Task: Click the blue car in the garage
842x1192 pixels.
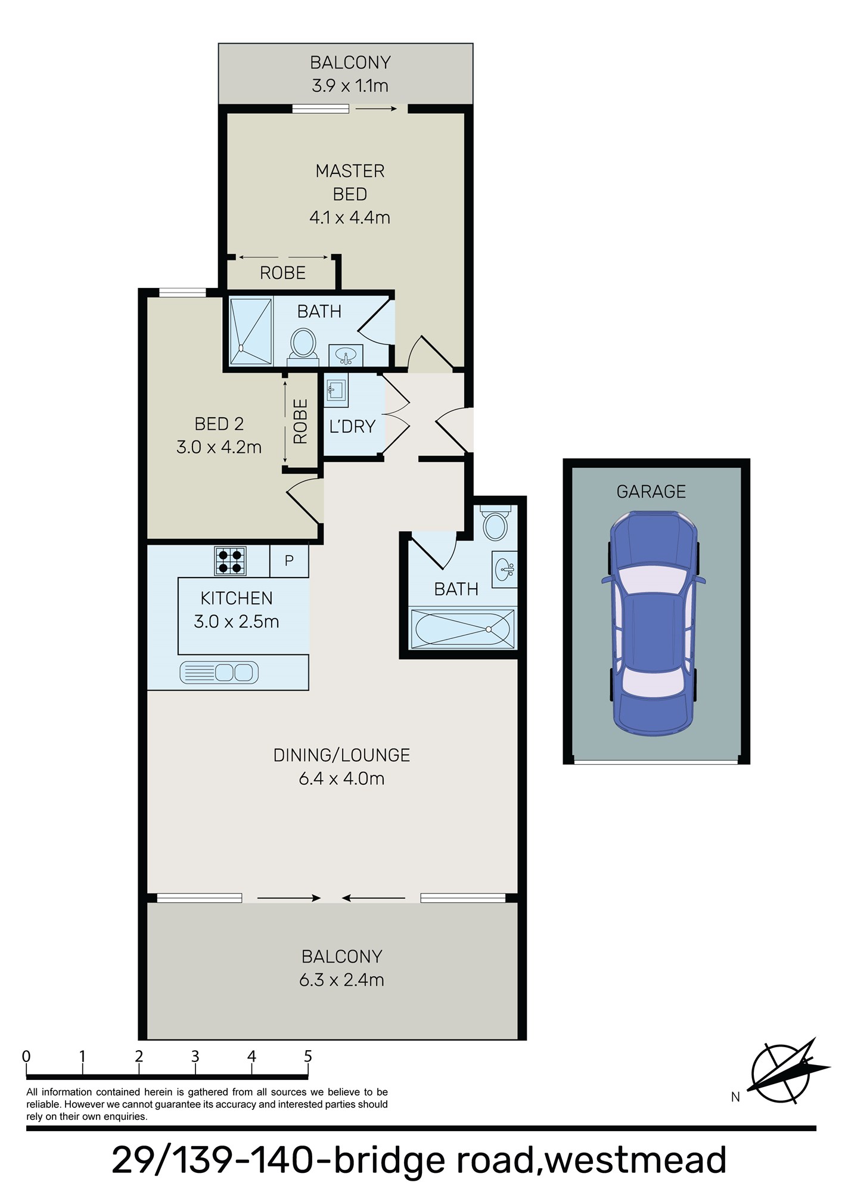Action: pos(654,623)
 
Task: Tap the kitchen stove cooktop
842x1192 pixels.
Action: pos(230,561)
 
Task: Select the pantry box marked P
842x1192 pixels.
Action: pos(289,561)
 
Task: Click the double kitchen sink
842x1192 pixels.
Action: pos(219,672)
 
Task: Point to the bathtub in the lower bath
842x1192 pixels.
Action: pos(462,629)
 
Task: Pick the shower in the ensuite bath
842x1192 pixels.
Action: pos(251,331)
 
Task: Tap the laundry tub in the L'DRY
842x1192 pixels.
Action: pos(335,391)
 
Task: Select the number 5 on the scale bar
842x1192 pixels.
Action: pos(308,1057)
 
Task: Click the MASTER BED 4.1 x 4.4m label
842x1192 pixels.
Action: pos(350,194)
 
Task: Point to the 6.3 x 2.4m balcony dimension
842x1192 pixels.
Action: pos(341,980)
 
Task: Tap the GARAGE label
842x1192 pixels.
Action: pos(651,492)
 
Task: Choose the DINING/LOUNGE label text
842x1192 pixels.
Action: pos(341,755)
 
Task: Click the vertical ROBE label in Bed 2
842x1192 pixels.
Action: pos(301,421)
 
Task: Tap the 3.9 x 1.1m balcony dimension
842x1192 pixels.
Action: pos(350,86)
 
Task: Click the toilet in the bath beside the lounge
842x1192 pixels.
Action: pos(495,525)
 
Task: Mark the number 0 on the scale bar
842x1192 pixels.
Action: pos(26,1057)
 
